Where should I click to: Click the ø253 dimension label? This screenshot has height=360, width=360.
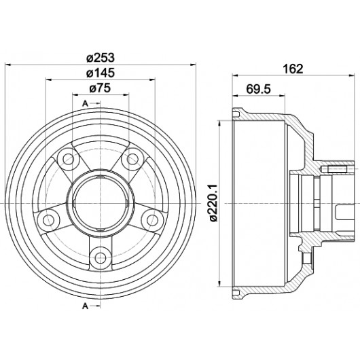[x=101, y=58]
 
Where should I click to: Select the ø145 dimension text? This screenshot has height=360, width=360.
[x=101, y=73]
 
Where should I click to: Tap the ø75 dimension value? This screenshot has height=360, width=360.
[x=100, y=88]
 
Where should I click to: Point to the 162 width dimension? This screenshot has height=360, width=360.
[x=293, y=69]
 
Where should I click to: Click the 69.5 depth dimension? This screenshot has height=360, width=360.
[x=259, y=89]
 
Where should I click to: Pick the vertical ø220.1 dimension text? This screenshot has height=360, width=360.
[x=213, y=202]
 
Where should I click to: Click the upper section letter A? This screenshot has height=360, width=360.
[x=85, y=104]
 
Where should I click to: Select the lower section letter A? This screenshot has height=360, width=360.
[x=85, y=306]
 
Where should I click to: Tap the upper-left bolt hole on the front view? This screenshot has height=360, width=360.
[x=68, y=159]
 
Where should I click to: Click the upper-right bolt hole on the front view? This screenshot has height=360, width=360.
[x=132, y=159]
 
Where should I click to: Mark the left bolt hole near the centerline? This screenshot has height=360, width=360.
[x=48, y=220]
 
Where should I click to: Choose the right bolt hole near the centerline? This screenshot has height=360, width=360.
[x=152, y=220]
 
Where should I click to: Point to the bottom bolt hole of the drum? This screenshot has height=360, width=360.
[x=101, y=257]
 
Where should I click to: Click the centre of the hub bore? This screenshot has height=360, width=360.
[x=101, y=203]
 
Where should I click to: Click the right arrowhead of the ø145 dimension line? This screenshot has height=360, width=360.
[x=152, y=79]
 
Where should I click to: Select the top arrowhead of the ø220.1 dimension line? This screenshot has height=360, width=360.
[x=220, y=123]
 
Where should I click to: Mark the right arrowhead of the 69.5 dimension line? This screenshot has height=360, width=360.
[x=282, y=96]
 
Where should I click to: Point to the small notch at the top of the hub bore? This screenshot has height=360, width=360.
[x=101, y=177]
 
